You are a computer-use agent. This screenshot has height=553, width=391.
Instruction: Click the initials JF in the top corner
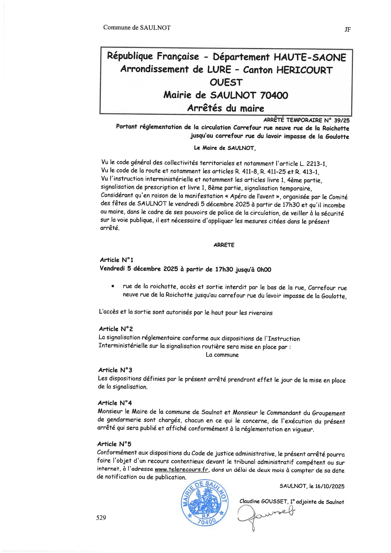point(348,30)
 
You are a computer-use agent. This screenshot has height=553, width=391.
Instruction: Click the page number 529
point(101,517)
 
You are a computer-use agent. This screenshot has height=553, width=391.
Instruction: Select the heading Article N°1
point(116,260)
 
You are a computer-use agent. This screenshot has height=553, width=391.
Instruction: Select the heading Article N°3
point(115,370)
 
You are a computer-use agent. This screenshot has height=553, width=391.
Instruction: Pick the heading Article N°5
point(114,444)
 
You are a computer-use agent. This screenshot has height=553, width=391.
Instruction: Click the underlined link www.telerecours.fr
point(182,469)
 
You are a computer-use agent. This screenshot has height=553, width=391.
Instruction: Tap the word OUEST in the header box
point(226,82)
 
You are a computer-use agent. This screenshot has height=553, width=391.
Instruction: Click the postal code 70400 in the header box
point(274,95)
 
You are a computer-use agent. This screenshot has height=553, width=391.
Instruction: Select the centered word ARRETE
point(224,245)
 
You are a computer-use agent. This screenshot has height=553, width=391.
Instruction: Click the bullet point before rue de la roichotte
point(112,287)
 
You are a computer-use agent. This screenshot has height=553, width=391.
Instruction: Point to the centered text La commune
point(222,355)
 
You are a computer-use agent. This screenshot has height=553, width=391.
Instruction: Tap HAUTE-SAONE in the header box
point(310,57)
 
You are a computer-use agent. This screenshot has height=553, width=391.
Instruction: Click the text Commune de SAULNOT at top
point(137,27)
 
